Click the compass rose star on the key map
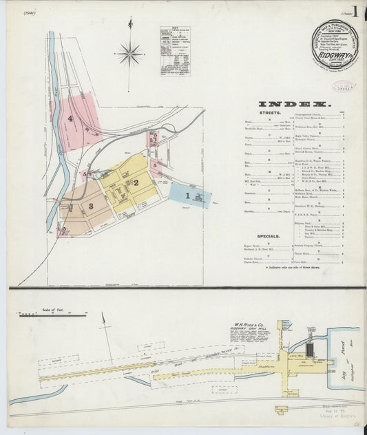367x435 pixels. pos(130,53)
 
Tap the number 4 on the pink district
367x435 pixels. pos(71,118)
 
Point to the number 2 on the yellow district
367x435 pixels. pos(136,182)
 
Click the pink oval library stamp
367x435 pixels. pos(344,86)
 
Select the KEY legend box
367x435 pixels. pos(174,52)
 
